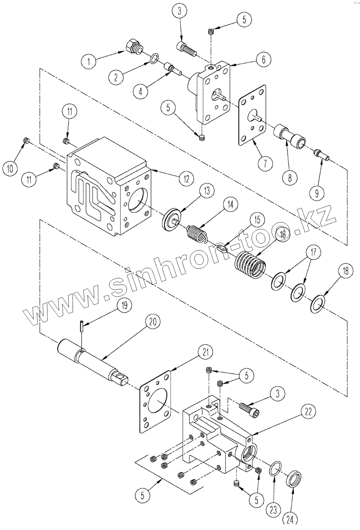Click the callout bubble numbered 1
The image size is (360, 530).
[x=88, y=61]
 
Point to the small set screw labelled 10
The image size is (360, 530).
[x=26, y=140]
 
